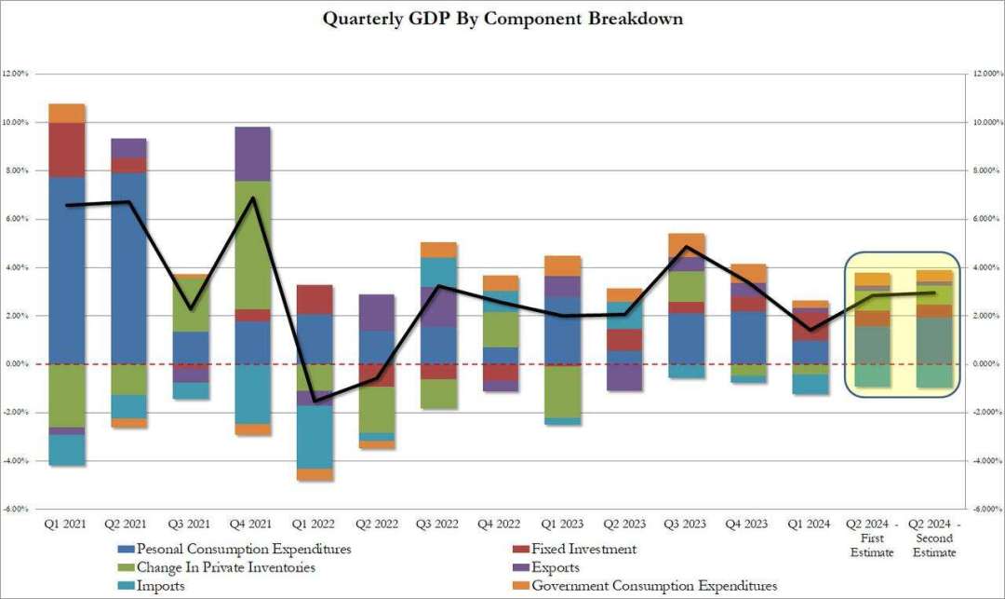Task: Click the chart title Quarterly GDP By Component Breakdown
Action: point(502,19)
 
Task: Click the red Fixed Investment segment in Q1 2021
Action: point(66,150)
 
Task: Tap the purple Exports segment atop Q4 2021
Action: point(252,154)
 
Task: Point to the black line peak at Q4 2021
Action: point(252,197)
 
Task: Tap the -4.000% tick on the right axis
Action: point(985,461)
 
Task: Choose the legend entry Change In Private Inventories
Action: point(225,567)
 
